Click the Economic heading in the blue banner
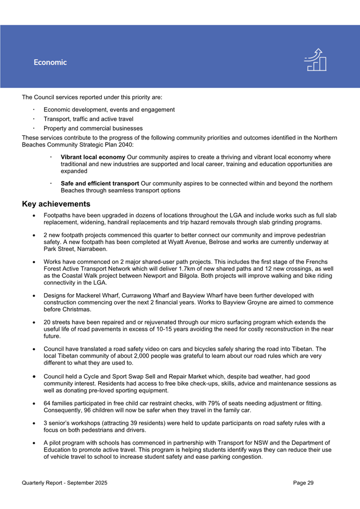(x=50, y=62)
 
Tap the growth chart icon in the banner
(x=315, y=60)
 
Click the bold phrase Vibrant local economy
(x=93, y=158)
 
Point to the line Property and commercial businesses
(x=93, y=128)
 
